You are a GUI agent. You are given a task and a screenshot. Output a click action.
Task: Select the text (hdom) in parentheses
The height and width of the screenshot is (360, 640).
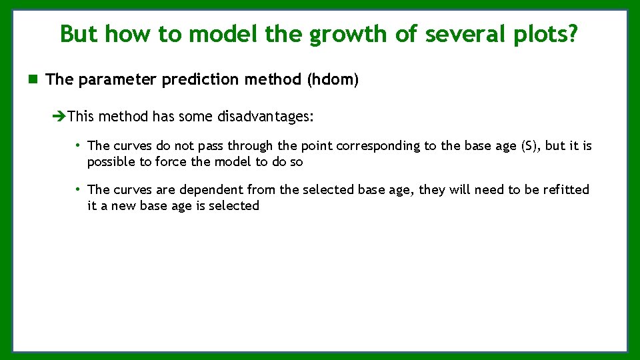[x=333, y=80]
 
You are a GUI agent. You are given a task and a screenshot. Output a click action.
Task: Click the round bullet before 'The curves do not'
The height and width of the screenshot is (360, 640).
[x=78, y=145]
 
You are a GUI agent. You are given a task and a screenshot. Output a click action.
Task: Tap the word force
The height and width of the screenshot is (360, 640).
[x=171, y=162]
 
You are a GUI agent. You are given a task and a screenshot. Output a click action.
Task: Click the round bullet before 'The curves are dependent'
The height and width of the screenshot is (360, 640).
[x=78, y=189]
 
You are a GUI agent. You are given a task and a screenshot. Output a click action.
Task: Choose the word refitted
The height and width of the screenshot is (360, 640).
[x=566, y=190]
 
